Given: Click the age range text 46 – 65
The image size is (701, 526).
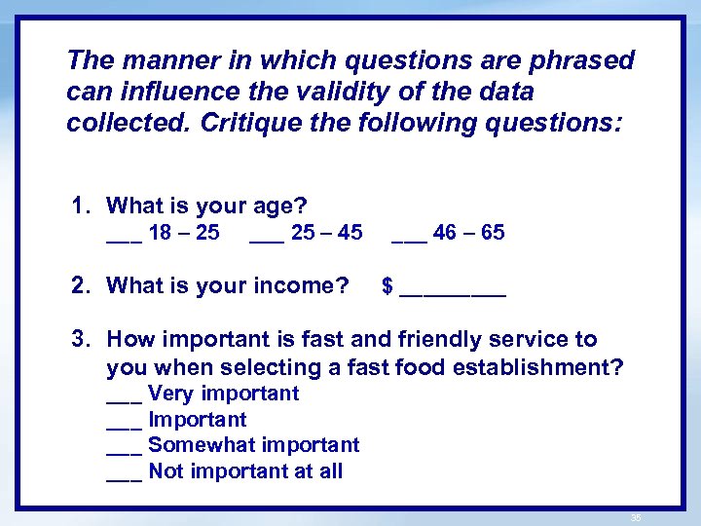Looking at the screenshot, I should point(469,233).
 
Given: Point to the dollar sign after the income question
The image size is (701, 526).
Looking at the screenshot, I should point(387,286).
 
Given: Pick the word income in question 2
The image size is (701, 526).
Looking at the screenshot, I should point(288,285).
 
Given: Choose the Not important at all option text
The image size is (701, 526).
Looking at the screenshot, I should point(245,472).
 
